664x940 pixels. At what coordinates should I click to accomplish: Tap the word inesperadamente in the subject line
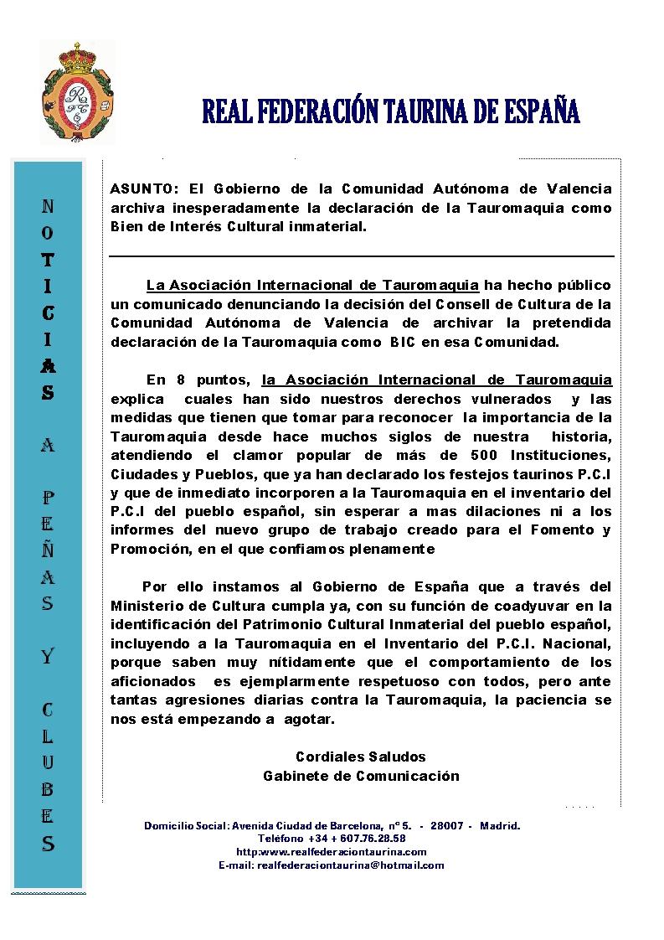pyautogui.click(x=235, y=208)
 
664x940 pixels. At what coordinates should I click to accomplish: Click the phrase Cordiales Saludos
pyautogui.click(x=361, y=757)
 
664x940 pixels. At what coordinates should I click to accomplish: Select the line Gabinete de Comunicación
pyautogui.click(x=361, y=776)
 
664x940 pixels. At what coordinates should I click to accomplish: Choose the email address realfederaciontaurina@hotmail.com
pyautogui.click(x=351, y=865)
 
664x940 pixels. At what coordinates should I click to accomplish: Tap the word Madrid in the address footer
pyautogui.click(x=500, y=825)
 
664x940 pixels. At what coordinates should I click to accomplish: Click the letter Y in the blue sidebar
pyautogui.click(x=48, y=656)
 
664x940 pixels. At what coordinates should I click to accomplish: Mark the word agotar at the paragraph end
pyautogui.click(x=310, y=719)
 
